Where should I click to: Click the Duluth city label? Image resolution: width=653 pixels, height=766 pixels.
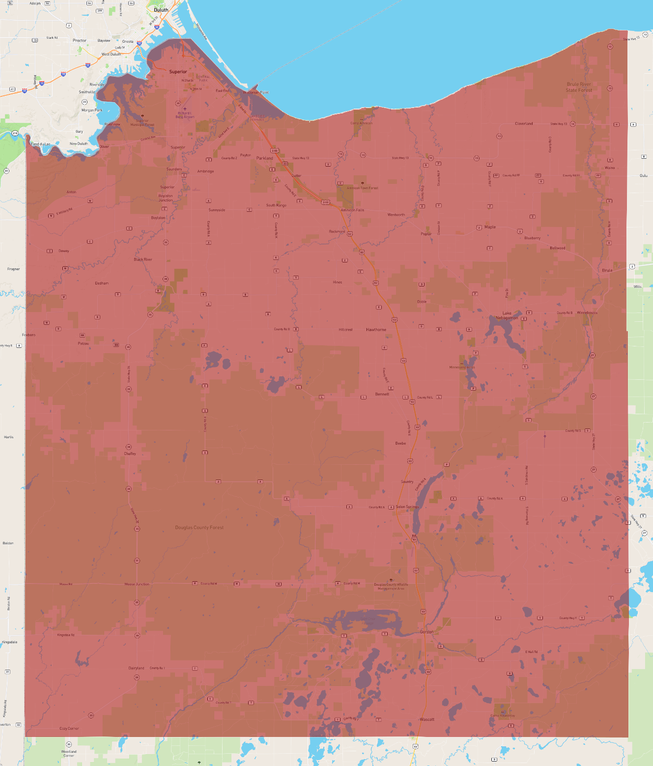(161, 10)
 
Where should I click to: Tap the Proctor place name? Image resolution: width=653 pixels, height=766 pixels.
(80, 41)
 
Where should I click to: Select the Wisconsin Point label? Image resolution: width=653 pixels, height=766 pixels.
(256, 92)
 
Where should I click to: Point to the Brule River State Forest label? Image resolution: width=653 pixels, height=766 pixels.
(579, 87)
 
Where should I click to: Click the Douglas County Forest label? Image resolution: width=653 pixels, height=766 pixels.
(199, 528)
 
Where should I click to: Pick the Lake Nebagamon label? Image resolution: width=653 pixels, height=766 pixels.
(507, 315)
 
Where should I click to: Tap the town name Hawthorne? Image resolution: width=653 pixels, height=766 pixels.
(376, 330)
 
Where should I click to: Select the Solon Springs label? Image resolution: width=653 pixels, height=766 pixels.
(407, 507)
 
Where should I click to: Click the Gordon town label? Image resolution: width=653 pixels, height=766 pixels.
(426, 632)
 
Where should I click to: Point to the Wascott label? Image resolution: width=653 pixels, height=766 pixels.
(426, 719)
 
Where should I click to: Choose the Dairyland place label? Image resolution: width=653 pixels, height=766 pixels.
(136, 668)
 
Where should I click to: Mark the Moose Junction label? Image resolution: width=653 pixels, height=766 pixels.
(137, 584)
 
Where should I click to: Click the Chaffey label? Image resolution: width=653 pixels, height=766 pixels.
(130, 454)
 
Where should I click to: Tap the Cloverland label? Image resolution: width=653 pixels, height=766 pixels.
(524, 124)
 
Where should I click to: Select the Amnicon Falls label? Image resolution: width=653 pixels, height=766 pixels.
(352, 210)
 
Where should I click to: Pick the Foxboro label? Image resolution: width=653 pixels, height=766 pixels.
(28, 335)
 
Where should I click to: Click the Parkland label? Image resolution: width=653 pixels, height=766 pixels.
(264, 158)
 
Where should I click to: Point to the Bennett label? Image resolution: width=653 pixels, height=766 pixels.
(382, 394)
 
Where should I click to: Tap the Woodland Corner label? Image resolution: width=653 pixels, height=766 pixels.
(69, 753)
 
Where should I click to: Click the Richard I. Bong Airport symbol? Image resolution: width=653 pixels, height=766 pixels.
(185, 109)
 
